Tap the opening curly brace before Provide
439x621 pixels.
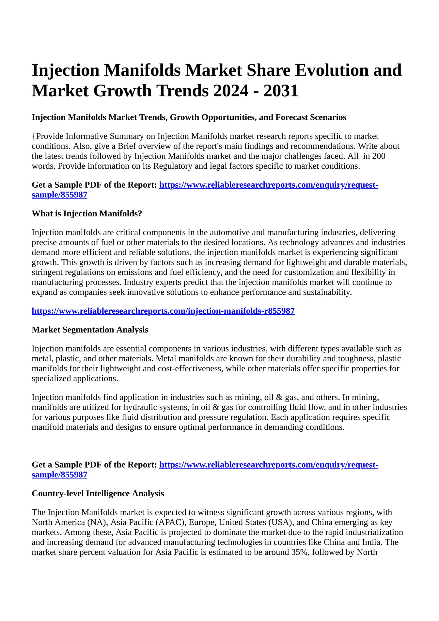[33, 136]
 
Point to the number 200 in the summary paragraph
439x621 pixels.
[379, 156]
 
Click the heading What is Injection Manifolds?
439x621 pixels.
[87, 213]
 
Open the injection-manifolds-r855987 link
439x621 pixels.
[163, 311]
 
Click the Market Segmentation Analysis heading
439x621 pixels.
[90, 330]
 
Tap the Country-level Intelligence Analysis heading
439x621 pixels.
[98, 493]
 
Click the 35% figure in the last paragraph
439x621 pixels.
[300, 552]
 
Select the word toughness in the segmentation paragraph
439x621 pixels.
[357, 359]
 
